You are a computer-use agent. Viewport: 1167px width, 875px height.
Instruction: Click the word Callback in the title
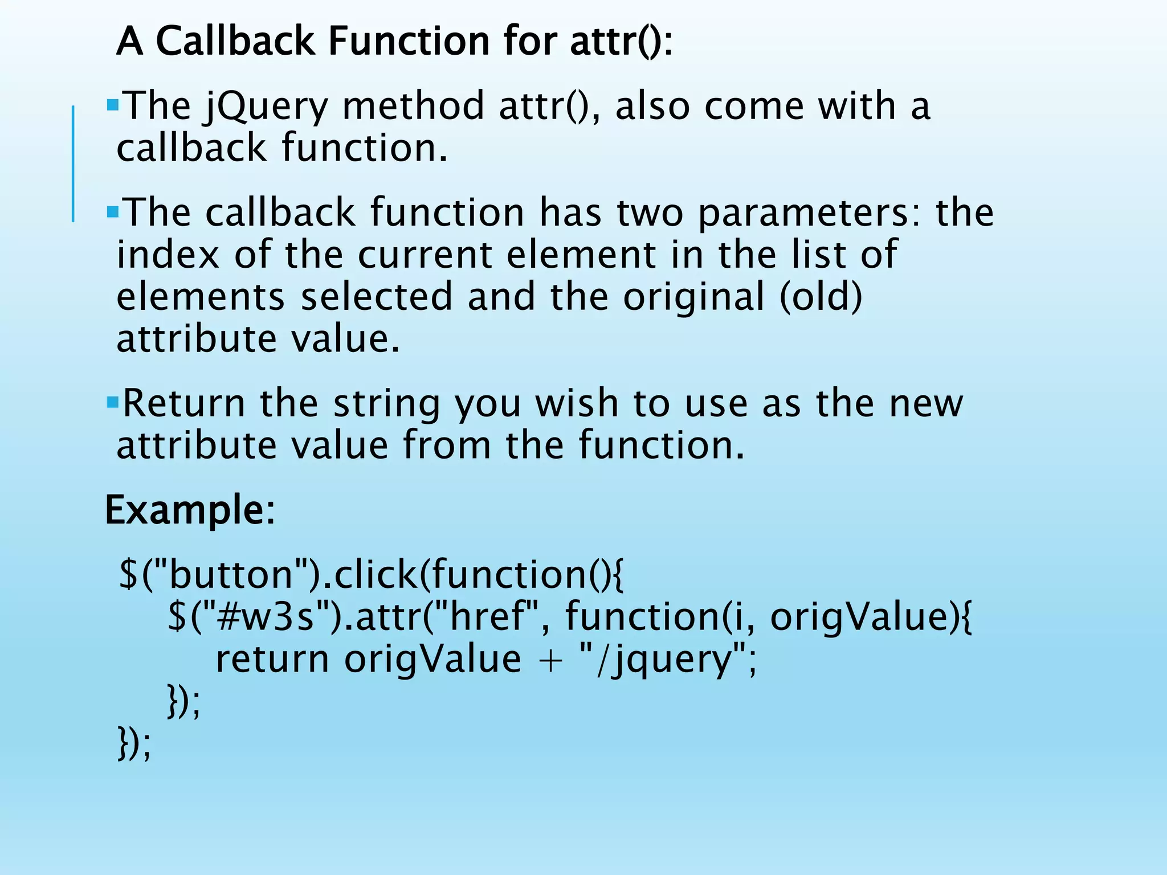[235, 42]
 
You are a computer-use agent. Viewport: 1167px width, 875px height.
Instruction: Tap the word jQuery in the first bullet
[266, 107]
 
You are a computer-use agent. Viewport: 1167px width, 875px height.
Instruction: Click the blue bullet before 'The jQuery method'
[112, 105]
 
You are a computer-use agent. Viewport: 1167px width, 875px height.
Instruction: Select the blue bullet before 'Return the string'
[112, 403]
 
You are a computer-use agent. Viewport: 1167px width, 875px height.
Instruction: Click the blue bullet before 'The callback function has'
[112, 212]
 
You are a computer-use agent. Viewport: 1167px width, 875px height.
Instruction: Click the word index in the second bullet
[168, 255]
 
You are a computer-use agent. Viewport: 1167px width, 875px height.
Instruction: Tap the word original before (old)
[693, 297]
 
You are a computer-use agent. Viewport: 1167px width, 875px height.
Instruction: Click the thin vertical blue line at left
[73, 163]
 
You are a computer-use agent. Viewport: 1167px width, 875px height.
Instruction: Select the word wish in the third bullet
[576, 404]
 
